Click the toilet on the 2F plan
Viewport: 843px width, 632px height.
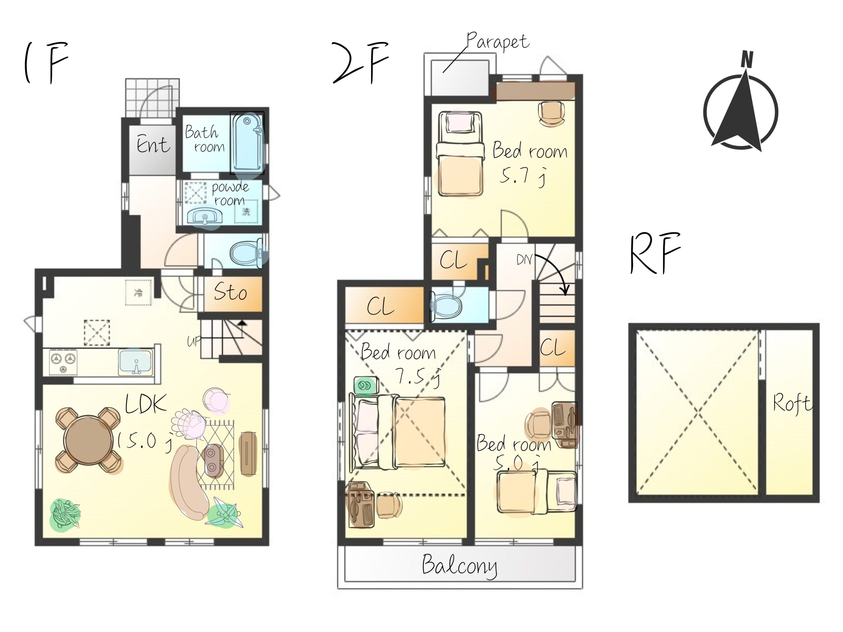pos(445,305)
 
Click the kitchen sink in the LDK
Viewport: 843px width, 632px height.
pos(135,362)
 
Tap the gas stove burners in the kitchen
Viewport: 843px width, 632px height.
pos(63,362)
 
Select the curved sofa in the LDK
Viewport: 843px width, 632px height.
pos(188,482)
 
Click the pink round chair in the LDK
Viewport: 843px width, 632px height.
pos(216,400)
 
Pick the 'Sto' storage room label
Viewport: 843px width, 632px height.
pos(230,292)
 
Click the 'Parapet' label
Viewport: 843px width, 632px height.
pos(498,41)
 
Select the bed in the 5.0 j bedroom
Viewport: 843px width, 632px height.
pos(537,492)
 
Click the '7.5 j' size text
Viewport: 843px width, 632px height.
pos(419,376)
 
